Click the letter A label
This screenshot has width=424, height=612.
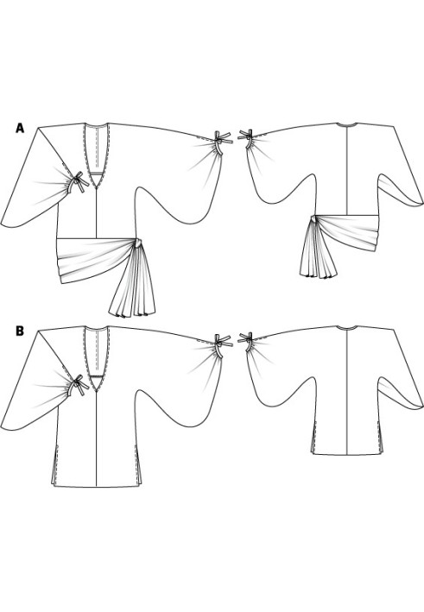(20, 128)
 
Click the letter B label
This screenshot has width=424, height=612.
(20, 331)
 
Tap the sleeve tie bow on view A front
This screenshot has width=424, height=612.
(77, 182)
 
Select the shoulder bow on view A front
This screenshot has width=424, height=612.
(222, 141)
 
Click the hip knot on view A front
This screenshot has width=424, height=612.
(139, 243)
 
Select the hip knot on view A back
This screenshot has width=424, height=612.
(313, 218)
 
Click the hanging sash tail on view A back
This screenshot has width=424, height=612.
(317, 249)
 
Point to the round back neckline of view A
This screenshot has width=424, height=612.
(347, 125)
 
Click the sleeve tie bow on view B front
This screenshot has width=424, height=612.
(77, 386)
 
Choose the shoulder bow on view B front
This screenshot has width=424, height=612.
(222, 344)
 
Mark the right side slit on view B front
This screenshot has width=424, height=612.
(138, 464)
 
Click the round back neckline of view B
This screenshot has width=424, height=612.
(347, 328)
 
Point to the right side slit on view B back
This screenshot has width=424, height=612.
(380, 438)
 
